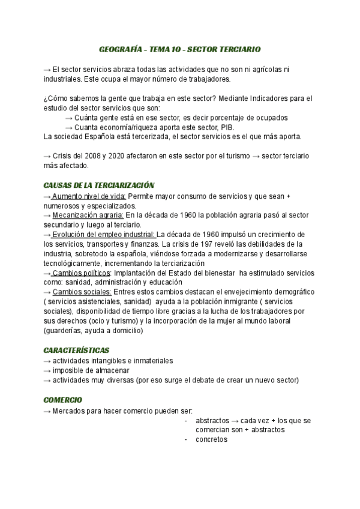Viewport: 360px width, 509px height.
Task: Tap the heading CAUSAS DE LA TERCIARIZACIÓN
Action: (99, 185)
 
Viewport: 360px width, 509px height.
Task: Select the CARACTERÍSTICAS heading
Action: (76, 350)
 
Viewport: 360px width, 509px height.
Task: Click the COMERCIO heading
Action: (63, 400)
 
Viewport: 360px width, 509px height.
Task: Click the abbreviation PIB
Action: (227, 127)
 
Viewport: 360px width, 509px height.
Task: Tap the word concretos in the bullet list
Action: (212, 439)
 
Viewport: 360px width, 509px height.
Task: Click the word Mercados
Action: (68, 411)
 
